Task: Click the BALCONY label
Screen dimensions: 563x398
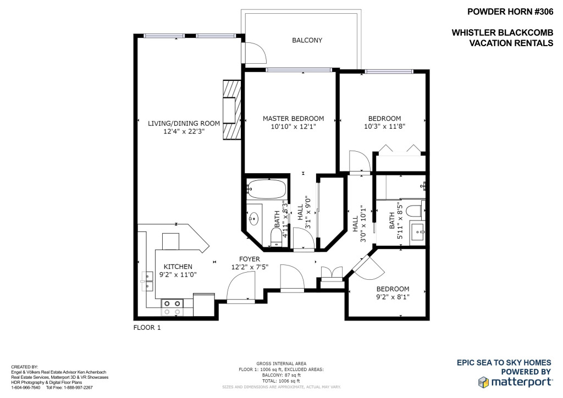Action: coord(307,40)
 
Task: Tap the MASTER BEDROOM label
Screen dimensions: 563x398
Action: coord(294,118)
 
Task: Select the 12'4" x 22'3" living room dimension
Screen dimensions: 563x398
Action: coord(184,131)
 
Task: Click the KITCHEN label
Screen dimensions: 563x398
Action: coord(178,267)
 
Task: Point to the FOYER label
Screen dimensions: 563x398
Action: coord(250,259)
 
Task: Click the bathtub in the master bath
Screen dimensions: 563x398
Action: coord(267,189)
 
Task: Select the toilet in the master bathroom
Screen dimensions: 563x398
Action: coord(276,237)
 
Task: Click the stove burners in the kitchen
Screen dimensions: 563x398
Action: coord(172,308)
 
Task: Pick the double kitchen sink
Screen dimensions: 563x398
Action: coord(147,281)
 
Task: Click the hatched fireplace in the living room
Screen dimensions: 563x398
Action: coord(232,110)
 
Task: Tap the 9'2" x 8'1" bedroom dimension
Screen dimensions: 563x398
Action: coord(393,297)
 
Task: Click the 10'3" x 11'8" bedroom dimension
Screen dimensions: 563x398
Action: coord(384,126)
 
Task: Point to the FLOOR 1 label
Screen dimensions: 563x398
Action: coord(147,328)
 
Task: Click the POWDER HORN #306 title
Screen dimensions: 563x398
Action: coord(510,12)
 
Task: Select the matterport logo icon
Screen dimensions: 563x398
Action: coord(483,382)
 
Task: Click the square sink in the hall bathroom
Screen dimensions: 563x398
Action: coord(418,232)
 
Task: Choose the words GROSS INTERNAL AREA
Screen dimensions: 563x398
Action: coord(281,363)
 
